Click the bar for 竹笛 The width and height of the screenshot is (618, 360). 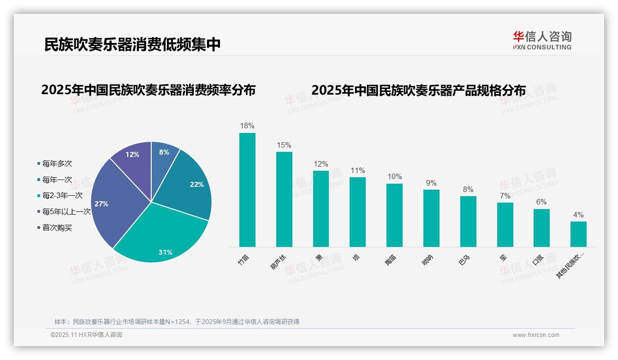pos(247,190)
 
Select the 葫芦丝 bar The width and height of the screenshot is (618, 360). pos(284,199)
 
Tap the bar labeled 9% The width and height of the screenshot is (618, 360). pos(431,218)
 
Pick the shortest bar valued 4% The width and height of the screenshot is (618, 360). pos(578,234)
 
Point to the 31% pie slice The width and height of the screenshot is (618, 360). pos(161,235)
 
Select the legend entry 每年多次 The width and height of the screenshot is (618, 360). pos(57,164)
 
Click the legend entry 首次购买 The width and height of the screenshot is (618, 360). pos(57,228)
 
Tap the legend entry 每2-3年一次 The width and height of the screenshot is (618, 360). pos(62,196)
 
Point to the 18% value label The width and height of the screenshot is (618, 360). pos(247,126)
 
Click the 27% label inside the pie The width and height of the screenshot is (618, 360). pos(101,204)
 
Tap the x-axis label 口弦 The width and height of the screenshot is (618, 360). pos(538,260)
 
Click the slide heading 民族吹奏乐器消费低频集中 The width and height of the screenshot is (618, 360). pos(132,44)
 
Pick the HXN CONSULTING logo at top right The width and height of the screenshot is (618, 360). pos(542,40)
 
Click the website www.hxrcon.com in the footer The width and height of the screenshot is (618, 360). pos(536,335)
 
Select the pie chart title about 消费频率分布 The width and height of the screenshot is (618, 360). pos(148,90)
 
